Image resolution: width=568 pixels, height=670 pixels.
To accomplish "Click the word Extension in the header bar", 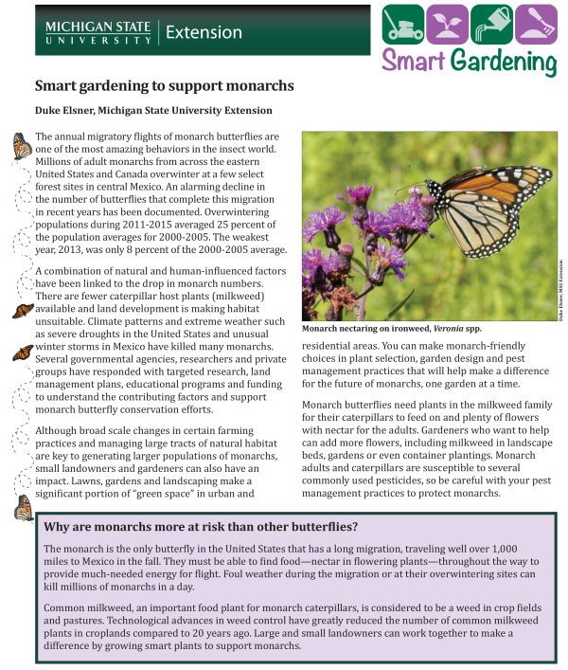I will pos(204,32).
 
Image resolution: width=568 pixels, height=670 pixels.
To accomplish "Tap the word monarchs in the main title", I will pos(257,85).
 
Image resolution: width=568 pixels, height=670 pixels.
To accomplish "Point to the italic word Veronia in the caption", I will pos(443,328).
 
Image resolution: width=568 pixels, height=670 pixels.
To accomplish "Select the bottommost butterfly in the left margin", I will pos(22,510).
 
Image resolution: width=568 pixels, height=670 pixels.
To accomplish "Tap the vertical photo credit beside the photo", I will pos(560,289).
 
